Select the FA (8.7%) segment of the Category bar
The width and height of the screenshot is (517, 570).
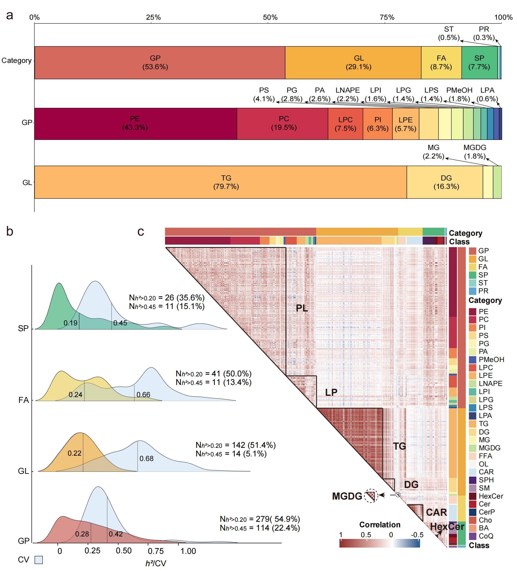pos(441,63)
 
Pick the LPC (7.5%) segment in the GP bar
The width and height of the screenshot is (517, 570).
pos(345,124)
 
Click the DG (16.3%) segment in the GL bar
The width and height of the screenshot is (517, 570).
pos(446,182)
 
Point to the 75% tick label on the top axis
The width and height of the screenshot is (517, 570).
pos(387,17)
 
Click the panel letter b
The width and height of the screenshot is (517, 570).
pos(10,231)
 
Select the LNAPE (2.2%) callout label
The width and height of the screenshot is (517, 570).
pos(347,94)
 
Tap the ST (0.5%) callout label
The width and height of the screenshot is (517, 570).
pos(449,33)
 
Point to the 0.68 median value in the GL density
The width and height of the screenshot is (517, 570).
pos(146,459)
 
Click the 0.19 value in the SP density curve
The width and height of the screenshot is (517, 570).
pos(70,323)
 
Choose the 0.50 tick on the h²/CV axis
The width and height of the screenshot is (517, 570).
pos(124,551)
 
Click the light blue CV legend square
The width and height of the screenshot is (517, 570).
pos(39,560)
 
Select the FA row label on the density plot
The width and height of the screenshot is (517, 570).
pos(24,400)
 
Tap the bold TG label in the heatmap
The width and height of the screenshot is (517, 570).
pos(399,446)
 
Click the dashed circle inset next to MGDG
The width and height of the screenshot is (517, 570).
pos(371,496)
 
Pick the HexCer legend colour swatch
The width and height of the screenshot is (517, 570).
pos(473,496)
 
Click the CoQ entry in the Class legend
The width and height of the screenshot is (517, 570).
pos(486,536)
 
